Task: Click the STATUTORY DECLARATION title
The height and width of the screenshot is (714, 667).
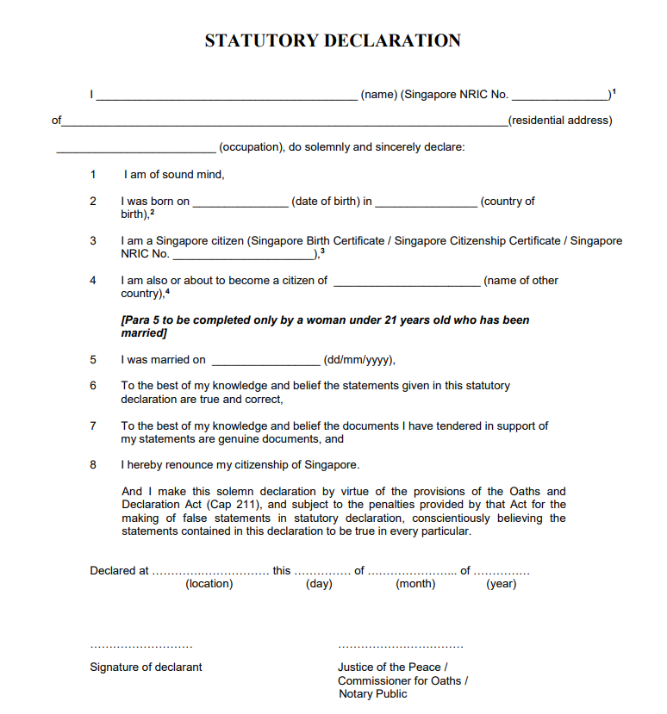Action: [x=333, y=40]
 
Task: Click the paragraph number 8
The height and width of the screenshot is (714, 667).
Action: [x=93, y=465]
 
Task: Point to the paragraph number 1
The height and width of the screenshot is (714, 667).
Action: [x=93, y=175]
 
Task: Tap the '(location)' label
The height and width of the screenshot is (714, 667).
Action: [x=209, y=584]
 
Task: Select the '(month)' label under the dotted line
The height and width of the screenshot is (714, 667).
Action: [x=415, y=584]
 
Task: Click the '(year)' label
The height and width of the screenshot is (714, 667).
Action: [x=502, y=584]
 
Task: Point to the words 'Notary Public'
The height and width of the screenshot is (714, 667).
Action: [x=373, y=694]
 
